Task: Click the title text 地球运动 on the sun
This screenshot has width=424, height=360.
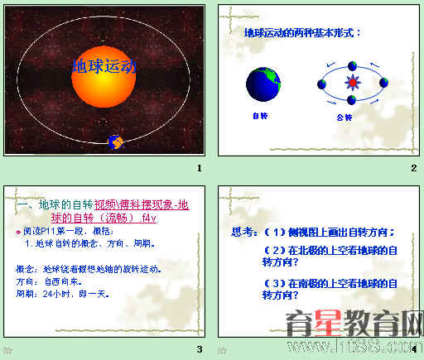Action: pyautogui.click(x=104, y=66)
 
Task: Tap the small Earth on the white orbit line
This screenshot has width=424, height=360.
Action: pyautogui.click(x=115, y=142)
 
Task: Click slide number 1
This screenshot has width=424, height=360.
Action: pyautogui.click(x=200, y=169)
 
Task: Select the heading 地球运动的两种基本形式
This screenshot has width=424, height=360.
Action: pyautogui.click(x=303, y=32)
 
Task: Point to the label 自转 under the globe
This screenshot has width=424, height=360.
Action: pyautogui.click(x=260, y=117)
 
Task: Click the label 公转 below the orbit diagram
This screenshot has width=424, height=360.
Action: pyautogui.click(x=344, y=118)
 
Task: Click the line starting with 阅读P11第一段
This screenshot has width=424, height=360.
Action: pyautogui.click(x=66, y=232)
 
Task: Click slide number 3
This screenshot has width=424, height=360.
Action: pyautogui.click(x=200, y=348)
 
